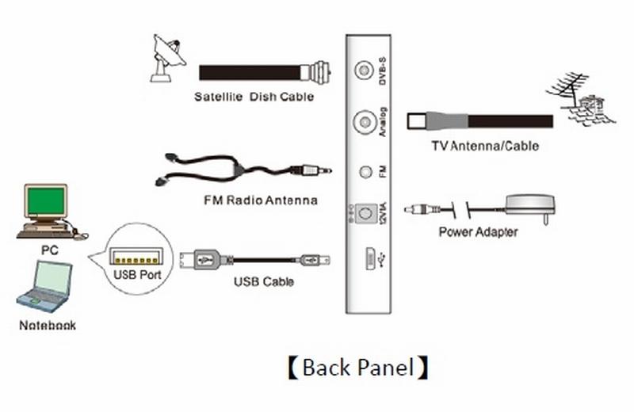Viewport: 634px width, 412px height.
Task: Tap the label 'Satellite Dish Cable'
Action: click(x=254, y=97)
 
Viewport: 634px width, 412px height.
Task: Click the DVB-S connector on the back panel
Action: click(x=364, y=71)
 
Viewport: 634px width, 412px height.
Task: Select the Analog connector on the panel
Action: click(x=365, y=121)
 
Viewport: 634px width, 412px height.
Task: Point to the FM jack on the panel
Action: click(x=365, y=170)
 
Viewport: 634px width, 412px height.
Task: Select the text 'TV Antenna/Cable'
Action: click(x=485, y=146)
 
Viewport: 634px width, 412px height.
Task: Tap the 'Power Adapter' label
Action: click(x=478, y=232)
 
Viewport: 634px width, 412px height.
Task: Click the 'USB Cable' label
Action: click(x=264, y=281)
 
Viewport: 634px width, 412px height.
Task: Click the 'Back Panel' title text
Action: click(x=357, y=368)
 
